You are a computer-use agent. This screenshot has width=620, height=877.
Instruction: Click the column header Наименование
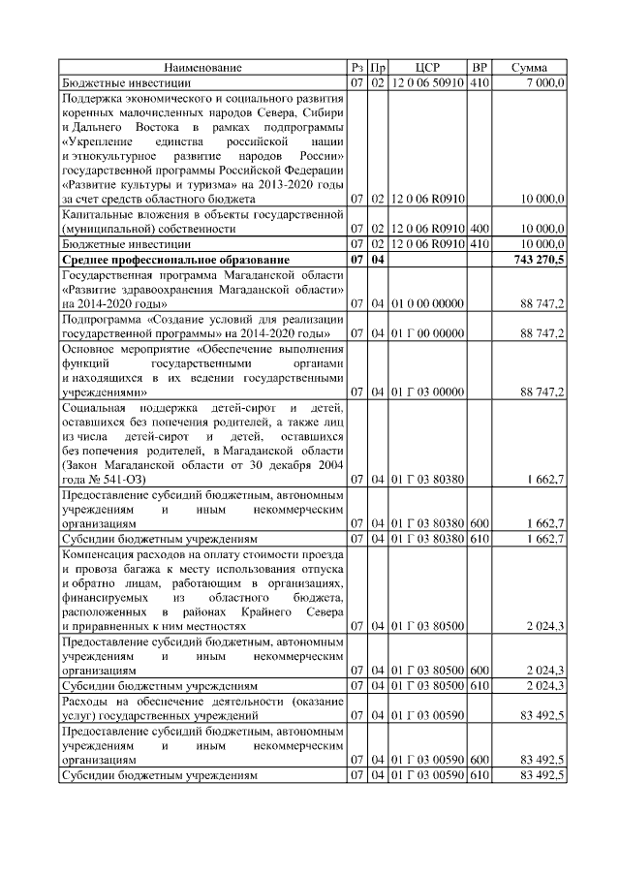pos(202,68)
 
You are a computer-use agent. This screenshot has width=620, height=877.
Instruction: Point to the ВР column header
pos(479,68)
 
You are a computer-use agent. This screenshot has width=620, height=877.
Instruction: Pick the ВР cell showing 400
pos(479,228)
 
